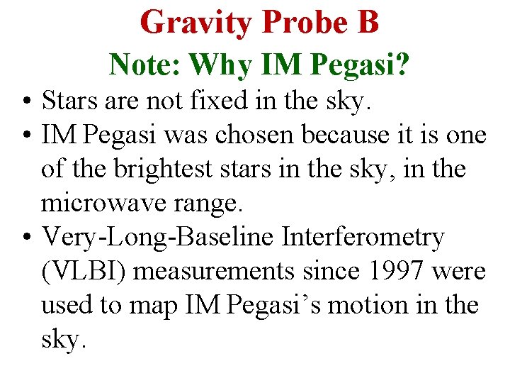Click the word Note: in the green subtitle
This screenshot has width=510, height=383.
pos(144,65)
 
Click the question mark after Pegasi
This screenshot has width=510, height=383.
pos(401,65)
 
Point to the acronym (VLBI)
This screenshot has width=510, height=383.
pos(84,272)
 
